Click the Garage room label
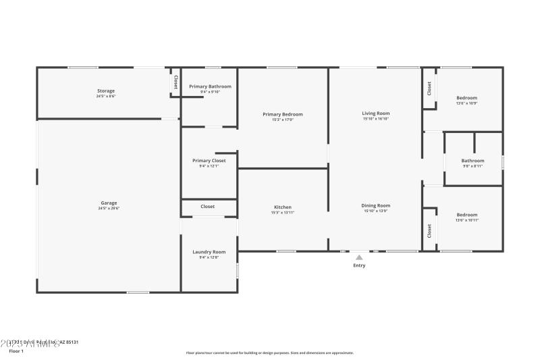109,203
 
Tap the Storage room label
106,91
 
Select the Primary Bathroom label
210,86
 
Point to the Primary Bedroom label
283,114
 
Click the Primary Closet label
209,161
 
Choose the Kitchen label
282,207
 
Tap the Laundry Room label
209,251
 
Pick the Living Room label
376,113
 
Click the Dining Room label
376,205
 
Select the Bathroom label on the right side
473,161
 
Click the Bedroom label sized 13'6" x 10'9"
466,98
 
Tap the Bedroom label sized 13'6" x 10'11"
466,215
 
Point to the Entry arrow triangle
359,257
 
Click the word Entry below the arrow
359,265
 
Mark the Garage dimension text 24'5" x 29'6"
109,208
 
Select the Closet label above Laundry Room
207,207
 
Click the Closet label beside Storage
175,82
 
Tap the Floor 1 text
16,351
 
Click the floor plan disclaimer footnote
269,353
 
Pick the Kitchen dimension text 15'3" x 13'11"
282,212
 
